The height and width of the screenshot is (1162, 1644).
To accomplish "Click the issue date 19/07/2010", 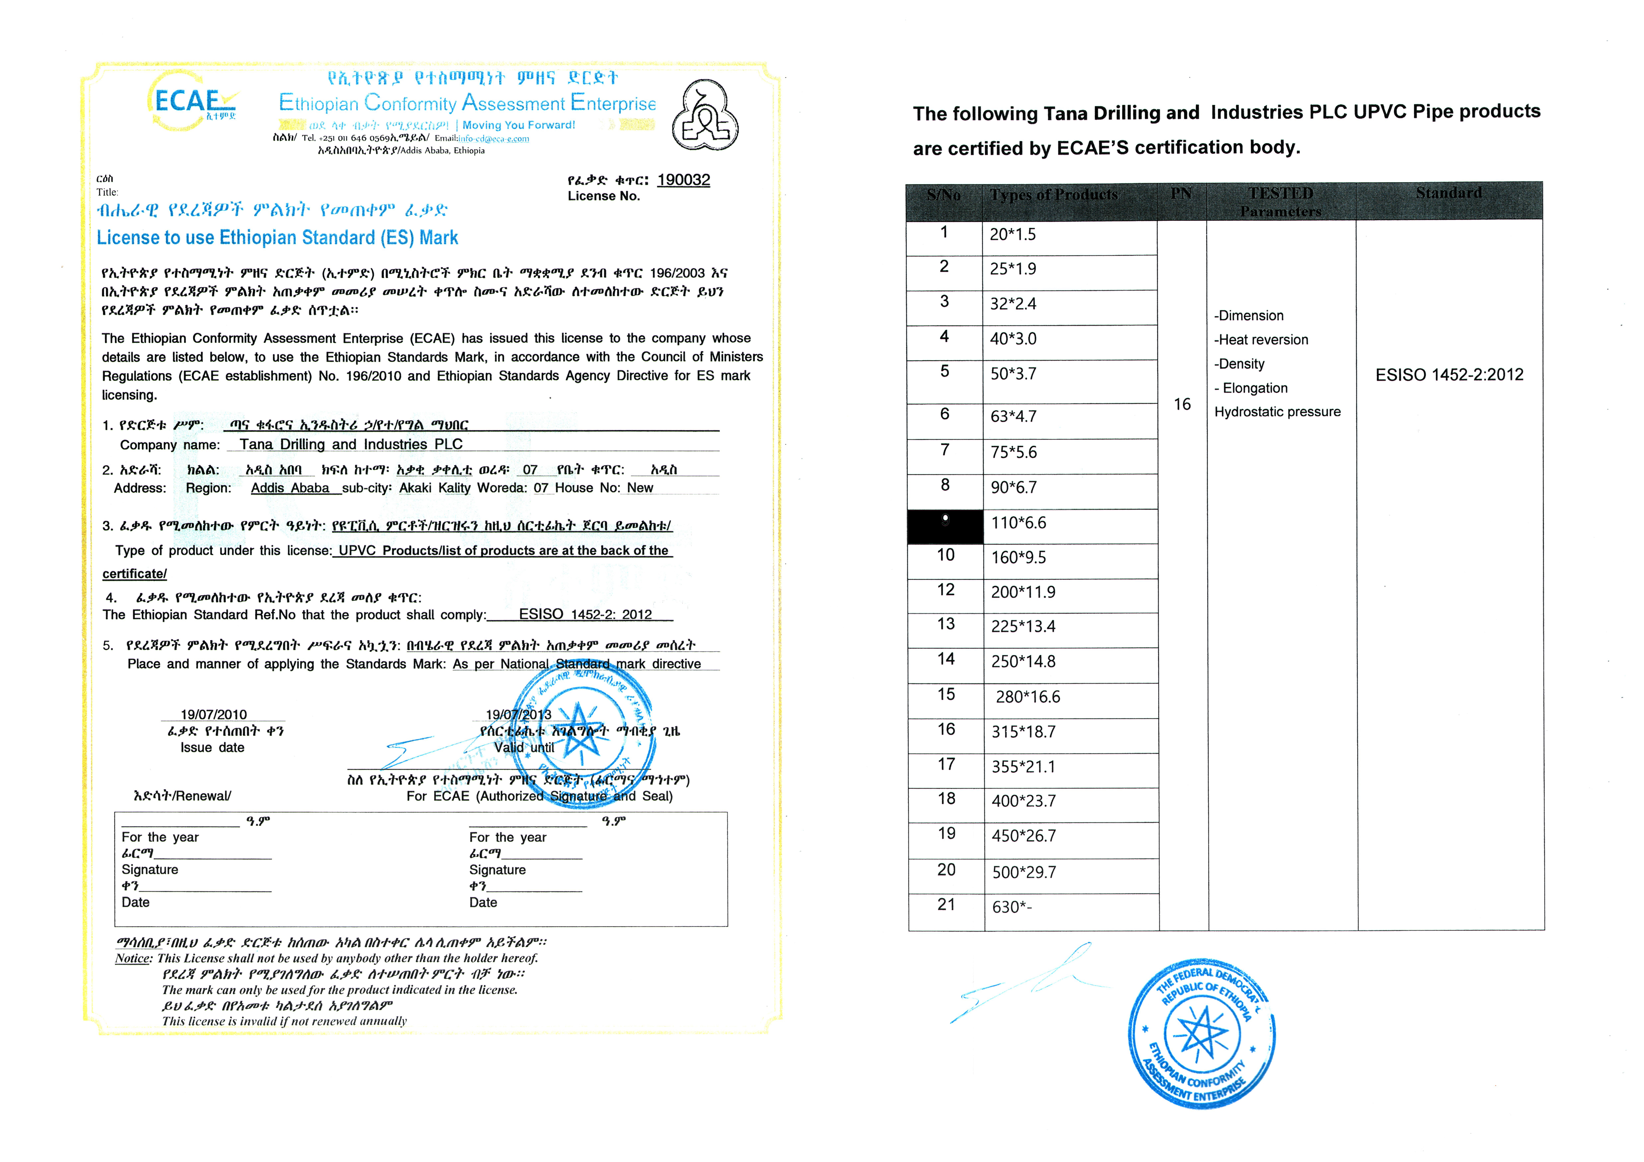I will point(213,714).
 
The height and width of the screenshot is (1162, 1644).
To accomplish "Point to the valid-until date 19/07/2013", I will point(518,714).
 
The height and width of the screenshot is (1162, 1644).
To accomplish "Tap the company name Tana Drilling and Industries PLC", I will point(351,444).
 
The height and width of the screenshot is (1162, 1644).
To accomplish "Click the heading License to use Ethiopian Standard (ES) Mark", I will point(277,238).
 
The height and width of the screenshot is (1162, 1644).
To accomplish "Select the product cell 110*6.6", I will point(1018,523).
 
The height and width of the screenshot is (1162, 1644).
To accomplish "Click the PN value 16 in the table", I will point(1182,404).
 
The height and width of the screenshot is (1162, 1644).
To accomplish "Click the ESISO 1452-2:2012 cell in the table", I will point(1449,375).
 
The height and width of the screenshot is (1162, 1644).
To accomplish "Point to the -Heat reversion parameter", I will point(1261,340).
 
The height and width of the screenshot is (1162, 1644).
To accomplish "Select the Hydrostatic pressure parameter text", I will point(1277,412).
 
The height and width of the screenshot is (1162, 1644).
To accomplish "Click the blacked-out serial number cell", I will point(945,526).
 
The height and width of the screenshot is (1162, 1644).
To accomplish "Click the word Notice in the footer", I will point(133,959).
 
